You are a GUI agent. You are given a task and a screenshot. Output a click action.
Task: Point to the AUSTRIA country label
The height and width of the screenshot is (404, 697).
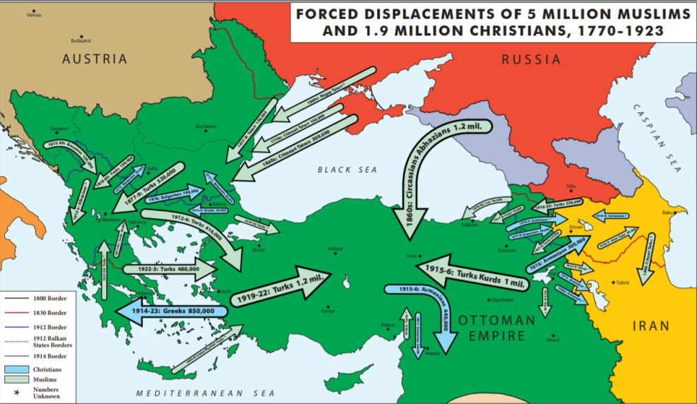[x=95, y=59]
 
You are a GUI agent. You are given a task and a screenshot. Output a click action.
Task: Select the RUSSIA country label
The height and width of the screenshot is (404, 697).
[x=531, y=59]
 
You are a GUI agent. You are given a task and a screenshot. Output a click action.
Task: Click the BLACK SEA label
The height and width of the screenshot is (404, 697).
[x=347, y=170]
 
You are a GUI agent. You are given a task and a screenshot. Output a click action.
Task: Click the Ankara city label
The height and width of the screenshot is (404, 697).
[x=335, y=249]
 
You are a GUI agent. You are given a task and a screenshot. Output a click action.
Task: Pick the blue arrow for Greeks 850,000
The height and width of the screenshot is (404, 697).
[x=173, y=311]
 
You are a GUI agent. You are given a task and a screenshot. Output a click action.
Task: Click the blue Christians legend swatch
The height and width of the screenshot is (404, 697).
[x=17, y=369]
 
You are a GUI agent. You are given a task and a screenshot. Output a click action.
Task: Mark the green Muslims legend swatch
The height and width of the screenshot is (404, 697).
[x=17, y=380]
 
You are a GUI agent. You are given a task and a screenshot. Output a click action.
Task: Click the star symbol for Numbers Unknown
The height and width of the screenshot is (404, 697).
[x=16, y=391]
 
